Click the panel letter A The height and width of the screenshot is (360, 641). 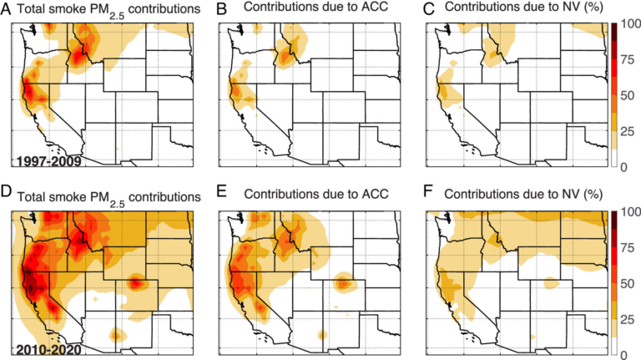click(6, 8)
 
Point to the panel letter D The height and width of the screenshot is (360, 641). click(6, 197)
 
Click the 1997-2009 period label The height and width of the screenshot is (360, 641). click(38, 155)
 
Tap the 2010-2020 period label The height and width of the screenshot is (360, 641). click(38, 343)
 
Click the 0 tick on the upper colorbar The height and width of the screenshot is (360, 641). click(623, 168)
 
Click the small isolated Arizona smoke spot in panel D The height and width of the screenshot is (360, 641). click(118, 334)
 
